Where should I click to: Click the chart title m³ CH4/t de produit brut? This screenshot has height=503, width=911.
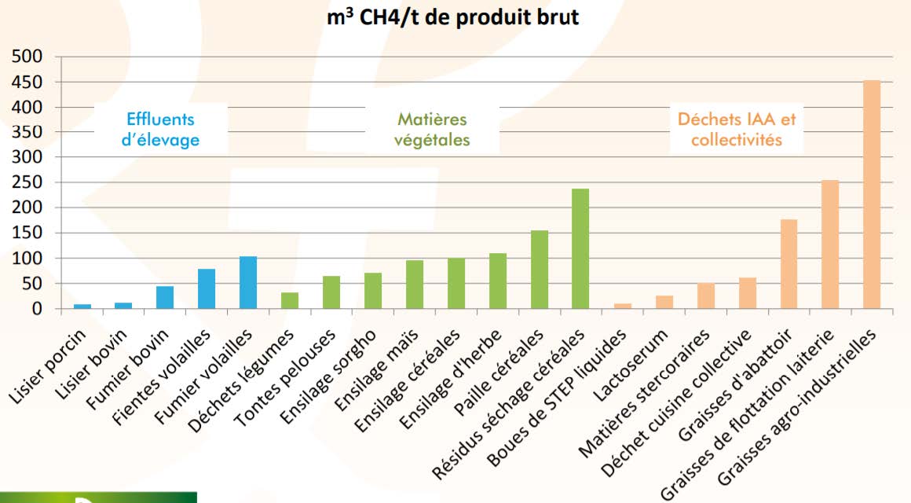[x=454, y=17]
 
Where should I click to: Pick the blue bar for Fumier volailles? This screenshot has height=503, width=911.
[x=248, y=282]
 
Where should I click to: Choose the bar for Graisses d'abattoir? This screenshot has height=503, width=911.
[x=788, y=264]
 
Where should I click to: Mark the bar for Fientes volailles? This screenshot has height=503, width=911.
[x=207, y=288]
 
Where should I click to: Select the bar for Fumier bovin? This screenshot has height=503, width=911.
[x=165, y=297]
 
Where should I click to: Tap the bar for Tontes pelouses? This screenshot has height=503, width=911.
[x=331, y=292]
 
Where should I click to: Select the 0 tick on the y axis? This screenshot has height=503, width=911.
[x=37, y=309]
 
